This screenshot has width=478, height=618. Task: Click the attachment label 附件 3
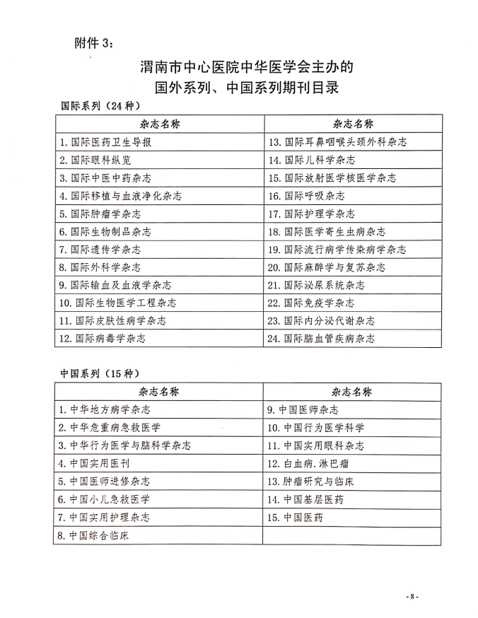click(93, 43)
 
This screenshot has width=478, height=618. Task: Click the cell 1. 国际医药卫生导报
click(105, 142)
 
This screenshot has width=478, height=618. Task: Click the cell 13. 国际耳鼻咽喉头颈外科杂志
click(338, 142)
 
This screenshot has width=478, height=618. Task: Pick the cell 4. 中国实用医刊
click(94, 463)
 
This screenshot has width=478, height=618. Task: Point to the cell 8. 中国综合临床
click(94, 535)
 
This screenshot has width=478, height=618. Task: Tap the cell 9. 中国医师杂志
click(302, 409)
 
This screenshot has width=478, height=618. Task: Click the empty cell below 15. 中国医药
click(351, 535)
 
